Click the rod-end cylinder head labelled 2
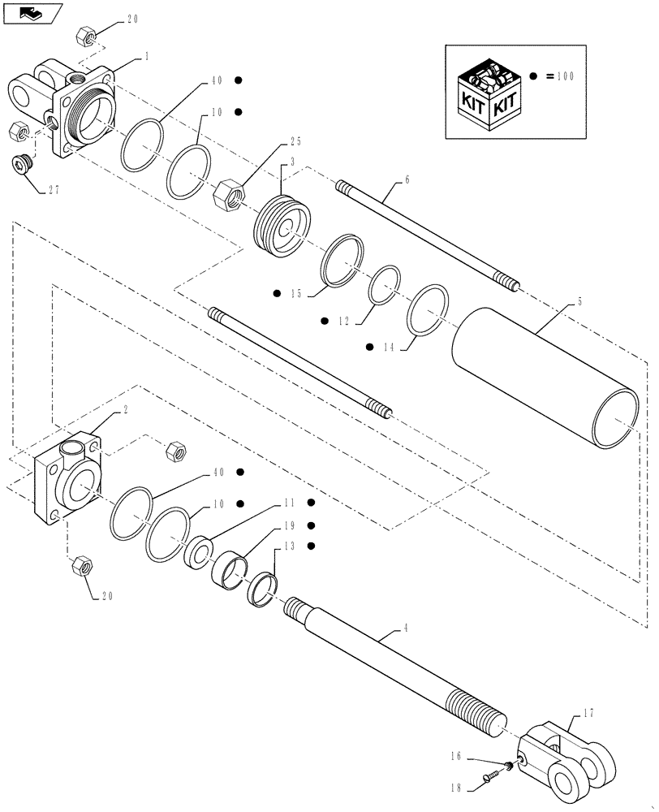(x=69, y=481)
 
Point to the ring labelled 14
(x=427, y=309)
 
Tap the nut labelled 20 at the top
(x=87, y=37)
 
